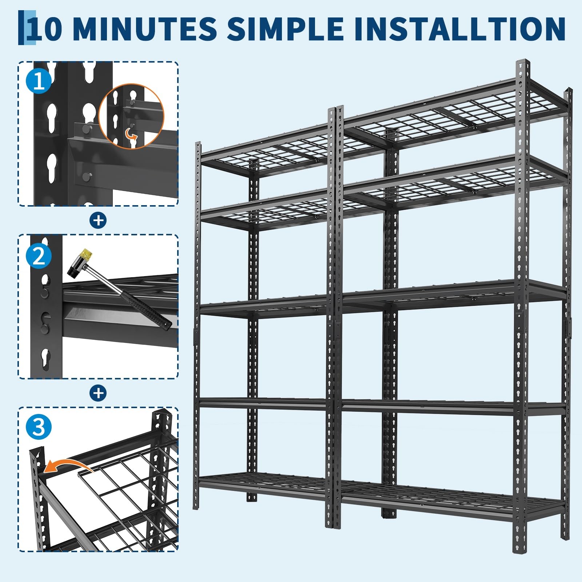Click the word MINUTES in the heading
point(145,28)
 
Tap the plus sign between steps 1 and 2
point(98,220)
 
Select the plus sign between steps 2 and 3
point(98,393)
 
